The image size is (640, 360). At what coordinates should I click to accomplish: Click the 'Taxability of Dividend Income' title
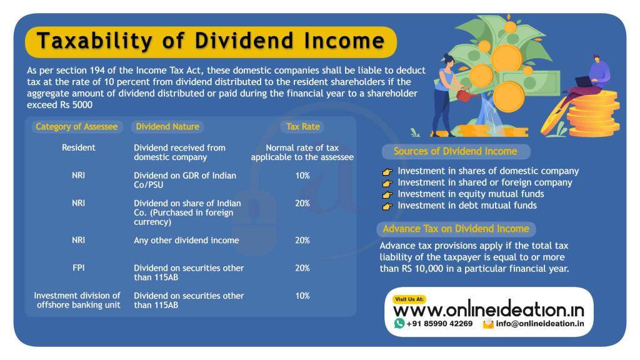click(x=211, y=41)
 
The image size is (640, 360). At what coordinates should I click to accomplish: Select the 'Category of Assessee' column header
click(x=76, y=126)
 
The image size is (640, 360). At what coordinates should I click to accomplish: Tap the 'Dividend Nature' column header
click(x=167, y=126)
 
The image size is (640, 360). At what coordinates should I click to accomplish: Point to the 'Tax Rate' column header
click(x=302, y=126)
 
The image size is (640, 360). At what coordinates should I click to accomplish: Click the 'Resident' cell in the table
click(x=79, y=148)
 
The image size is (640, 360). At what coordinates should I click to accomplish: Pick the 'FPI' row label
click(x=79, y=267)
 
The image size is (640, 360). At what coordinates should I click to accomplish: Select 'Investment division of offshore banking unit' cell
click(x=77, y=300)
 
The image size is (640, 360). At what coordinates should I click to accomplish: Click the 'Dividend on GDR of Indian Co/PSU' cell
click(x=185, y=180)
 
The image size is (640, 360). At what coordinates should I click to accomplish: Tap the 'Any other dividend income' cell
click(x=186, y=240)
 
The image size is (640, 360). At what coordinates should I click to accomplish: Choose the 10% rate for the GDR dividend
click(x=302, y=176)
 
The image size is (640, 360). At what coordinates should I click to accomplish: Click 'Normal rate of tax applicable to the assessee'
click(x=302, y=152)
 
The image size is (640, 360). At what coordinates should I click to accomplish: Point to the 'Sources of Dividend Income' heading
click(x=455, y=151)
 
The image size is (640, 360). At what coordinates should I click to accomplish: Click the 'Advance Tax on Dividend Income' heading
click(x=456, y=229)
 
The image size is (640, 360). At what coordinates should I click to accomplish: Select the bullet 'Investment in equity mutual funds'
click(x=471, y=194)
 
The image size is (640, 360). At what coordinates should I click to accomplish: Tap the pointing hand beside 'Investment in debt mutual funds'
click(x=387, y=206)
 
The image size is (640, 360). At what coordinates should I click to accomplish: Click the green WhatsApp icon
click(x=399, y=323)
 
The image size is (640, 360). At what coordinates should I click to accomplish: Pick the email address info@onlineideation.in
click(x=540, y=324)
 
